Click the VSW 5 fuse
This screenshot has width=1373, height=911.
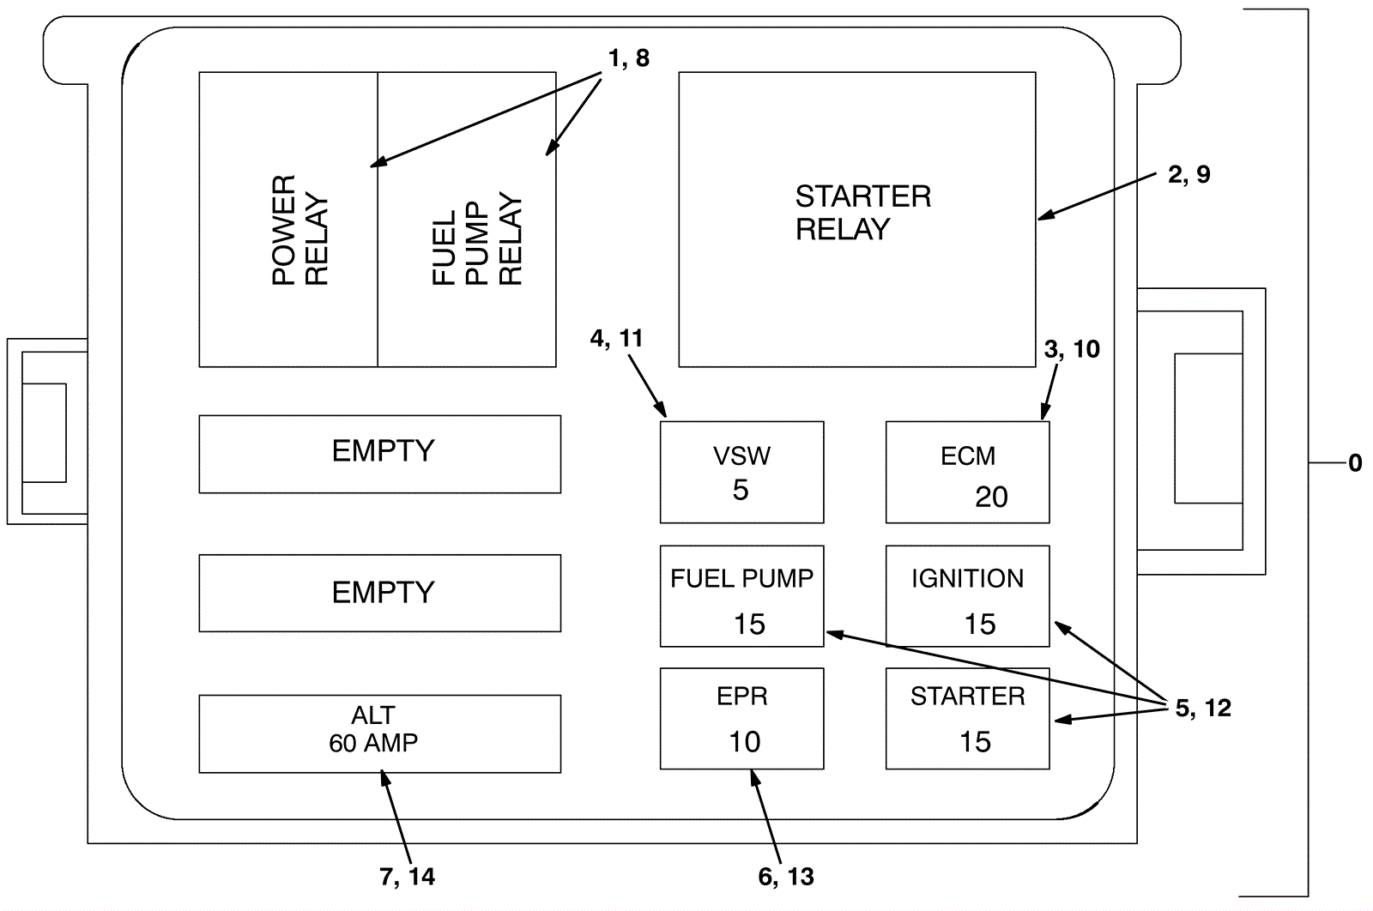pyautogui.click(x=741, y=472)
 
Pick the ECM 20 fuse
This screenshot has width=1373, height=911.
pyautogui.click(x=967, y=472)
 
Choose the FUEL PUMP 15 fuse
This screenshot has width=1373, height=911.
pyautogui.click(x=741, y=596)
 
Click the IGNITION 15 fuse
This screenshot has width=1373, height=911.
pyautogui.click(x=967, y=596)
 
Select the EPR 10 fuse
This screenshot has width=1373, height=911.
pyautogui.click(x=741, y=719)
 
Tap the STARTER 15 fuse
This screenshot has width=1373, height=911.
pyautogui.click(x=967, y=719)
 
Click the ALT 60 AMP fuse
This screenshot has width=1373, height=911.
pyautogui.click(x=379, y=733)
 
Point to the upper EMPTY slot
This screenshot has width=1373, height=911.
pyautogui.click(x=379, y=454)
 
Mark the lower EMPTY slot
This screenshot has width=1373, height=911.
pyautogui.click(x=379, y=593)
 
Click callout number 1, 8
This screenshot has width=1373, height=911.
pyautogui.click(x=628, y=58)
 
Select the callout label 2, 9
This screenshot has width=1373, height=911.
pyautogui.click(x=1189, y=174)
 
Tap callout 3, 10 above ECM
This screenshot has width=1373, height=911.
pyautogui.click(x=1072, y=349)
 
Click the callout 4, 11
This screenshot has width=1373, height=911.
pyautogui.click(x=616, y=338)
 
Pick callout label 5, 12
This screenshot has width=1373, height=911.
pyautogui.click(x=1202, y=708)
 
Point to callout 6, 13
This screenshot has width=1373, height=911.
pyautogui.click(x=785, y=877)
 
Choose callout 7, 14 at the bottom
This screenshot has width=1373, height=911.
pyautogui.click(x=407, y=877)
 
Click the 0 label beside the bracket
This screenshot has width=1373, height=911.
pyautogui.click(x=1355, y=463)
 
